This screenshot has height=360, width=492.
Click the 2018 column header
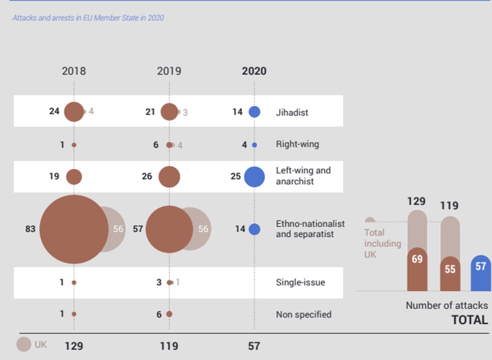(x=73, y=71)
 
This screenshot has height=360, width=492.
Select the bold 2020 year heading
(x=254, y=71)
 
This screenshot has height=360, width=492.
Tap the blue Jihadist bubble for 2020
(x=254, y=112)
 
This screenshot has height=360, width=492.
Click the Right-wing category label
(x=297, y=144)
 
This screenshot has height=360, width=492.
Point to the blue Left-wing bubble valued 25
(x=254, y=176)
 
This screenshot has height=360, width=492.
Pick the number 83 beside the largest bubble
(x=30, y=229)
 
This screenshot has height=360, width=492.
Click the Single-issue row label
(x=300, y=282)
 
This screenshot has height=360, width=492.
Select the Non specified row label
(x=303, y=314)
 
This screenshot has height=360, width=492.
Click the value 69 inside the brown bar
(x=417, y=259)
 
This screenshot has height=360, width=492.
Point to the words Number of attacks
(x=446, y=305)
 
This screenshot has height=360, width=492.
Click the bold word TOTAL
(x=469, y=320)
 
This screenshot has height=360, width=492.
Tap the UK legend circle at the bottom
(x=23, y=344)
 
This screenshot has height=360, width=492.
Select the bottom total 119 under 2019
(x=168, y=346)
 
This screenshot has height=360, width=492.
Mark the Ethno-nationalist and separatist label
(x=310, y=229)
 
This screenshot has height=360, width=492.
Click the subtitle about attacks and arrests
(x=88, y=18)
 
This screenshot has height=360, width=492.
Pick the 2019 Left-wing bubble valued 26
(x=169, y=177)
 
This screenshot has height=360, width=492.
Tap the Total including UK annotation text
(x=382, y=243)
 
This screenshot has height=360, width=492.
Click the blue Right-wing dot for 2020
(x=254, y=145)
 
